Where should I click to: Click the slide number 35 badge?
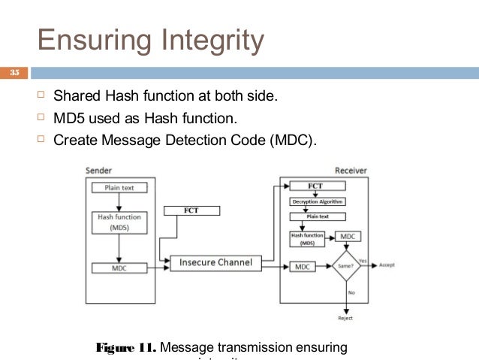[x=13, y=73]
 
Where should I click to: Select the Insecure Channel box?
[x=215, y=263]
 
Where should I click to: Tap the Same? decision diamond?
[x=346, y=265]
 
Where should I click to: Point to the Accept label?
[x=387, y=265]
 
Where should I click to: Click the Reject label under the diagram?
[x=345, y=317]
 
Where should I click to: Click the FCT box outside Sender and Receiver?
[x=191, y=210]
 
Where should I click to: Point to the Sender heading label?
[x=99, y=171]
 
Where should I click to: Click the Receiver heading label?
[x=351, y=171]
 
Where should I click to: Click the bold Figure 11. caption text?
[x=126, y=347]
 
